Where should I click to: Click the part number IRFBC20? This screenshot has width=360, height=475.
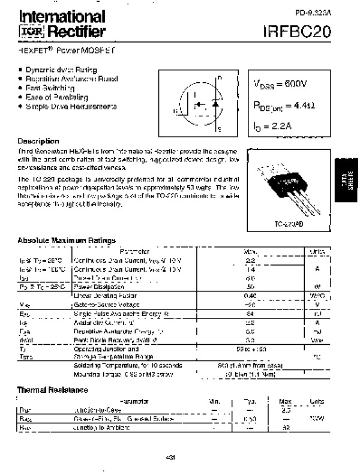[296, 31]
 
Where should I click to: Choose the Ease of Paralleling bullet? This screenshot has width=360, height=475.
[56, 97]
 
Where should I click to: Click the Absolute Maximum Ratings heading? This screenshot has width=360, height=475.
[67, 240]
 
